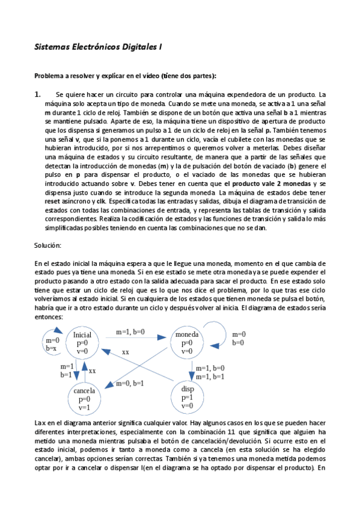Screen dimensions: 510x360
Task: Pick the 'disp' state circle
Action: [187, 398]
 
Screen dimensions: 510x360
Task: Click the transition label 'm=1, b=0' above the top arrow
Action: [130, 331]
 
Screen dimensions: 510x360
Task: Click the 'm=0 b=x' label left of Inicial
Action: [52, 344]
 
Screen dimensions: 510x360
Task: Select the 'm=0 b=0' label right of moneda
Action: [239, 339]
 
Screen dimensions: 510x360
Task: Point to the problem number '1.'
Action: [37, 94]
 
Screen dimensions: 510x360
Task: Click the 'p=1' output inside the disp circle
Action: [187, 398]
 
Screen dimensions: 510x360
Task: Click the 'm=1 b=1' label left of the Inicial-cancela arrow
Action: [66, 370]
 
